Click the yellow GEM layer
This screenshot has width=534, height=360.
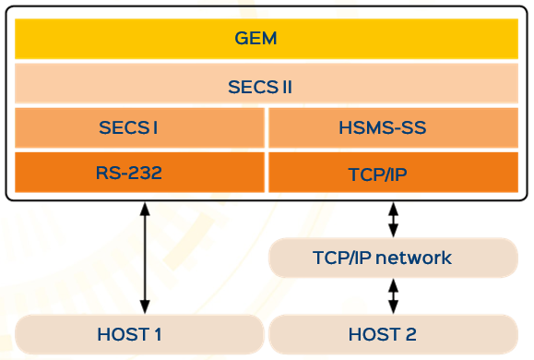click(266, 40)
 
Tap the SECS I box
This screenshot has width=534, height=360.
click(139, 127)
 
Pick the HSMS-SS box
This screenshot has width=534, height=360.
click(392, 127)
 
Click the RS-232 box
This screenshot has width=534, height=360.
click(139, 172)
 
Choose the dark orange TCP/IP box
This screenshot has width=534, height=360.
click(392, 172)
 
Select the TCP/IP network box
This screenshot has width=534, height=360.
click(392, 258)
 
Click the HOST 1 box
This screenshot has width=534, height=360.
click(139, 332)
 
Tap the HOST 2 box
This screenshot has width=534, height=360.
click(392, 332)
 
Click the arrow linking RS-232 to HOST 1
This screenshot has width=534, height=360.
click(144, 258)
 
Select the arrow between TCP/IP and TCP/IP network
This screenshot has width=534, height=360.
click(394, 220)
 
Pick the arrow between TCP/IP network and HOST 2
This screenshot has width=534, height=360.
click(394, 295)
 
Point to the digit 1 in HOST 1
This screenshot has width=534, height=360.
click(171, 332)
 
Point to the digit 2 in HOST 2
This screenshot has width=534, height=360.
click(424, 332)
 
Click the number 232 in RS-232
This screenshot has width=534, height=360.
click(154, 172)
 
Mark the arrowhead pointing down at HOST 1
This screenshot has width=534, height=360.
click(144, 306)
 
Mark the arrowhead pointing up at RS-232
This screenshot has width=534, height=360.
click(144, 209)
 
